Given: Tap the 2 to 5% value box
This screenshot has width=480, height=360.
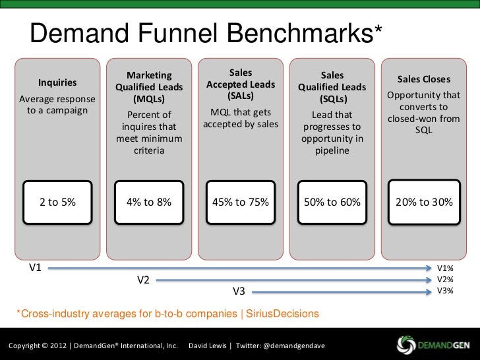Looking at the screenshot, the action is tap(57, 202).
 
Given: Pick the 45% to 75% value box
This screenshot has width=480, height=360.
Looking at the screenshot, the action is tap(240, 202).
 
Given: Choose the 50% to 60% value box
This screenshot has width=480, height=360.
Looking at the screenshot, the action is tap(332, 202).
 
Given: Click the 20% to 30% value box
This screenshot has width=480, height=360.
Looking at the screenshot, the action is tap(423, 202).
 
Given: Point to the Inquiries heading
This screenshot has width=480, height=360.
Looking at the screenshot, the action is tap(57, 83).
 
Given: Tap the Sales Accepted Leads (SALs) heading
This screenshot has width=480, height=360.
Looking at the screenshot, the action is tap(240, 84).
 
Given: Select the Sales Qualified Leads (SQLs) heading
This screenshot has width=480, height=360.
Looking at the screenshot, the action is tap(332, 88).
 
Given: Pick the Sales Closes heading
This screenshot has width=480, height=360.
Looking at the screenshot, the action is tap(423, 79).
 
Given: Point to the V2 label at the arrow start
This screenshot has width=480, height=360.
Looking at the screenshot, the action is tap(143, 280).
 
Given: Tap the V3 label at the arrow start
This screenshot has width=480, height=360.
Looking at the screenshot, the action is tap(239, 291).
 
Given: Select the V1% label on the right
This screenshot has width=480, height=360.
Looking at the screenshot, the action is tap(446, 268).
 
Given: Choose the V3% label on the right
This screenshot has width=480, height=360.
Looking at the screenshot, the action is tap(446, 291).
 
